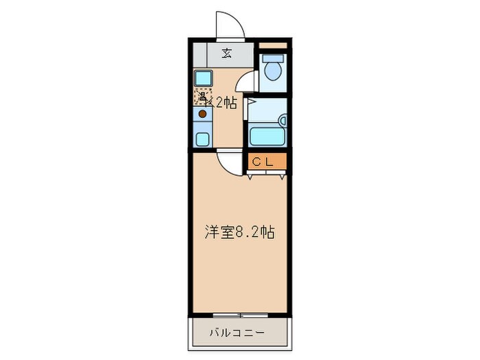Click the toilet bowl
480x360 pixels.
(x=273, y=70)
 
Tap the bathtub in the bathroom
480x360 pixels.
(x=267, y=135)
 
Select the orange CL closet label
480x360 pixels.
(x=263, y=162)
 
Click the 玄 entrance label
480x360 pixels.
(x=226, y=53)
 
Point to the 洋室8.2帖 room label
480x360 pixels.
(x=240, y=232)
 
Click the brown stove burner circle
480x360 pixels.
(x=202, y=113)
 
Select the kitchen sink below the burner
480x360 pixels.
(x=203, y=139)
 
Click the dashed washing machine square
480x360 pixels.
(x=202, y=97)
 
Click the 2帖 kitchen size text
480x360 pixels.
(x=226, y=104)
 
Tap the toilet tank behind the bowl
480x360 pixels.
(x=273, y=58)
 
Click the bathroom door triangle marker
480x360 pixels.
(x=251, y=102)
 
